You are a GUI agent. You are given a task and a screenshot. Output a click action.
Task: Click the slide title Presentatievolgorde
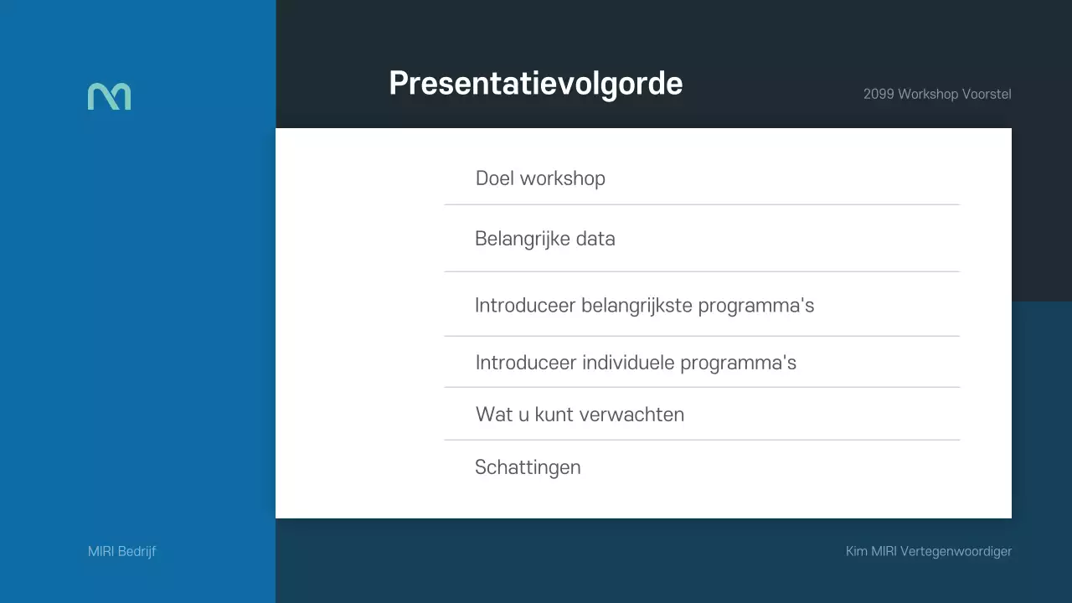point(536,84)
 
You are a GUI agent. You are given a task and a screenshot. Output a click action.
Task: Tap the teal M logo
point(109,96)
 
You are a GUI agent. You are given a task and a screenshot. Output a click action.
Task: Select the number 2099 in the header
point(879,94)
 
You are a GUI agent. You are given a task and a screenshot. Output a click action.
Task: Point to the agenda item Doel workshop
point(540,178)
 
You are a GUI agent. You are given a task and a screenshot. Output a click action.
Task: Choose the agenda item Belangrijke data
point(544,239)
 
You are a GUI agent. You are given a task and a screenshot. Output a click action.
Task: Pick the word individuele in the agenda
point(628,363)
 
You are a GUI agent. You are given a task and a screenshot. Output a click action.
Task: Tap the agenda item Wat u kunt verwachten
point(580,415)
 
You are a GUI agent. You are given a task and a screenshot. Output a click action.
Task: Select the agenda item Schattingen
point(528,467)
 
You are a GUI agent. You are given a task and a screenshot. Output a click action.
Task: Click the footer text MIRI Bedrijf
point(121,551)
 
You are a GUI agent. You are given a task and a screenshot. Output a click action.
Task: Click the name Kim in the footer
point(856,551)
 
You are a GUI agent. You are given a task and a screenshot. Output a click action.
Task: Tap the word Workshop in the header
point(928,94)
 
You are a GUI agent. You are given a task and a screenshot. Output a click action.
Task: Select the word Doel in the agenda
point(495,178)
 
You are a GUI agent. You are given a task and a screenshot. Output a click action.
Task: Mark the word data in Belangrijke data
point(595,239)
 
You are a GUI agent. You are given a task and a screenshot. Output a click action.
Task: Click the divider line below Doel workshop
point(702,204)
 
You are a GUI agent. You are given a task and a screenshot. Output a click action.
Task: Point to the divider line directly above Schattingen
point(702,440)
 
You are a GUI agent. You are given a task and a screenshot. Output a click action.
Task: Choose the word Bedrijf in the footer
point(137,551)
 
